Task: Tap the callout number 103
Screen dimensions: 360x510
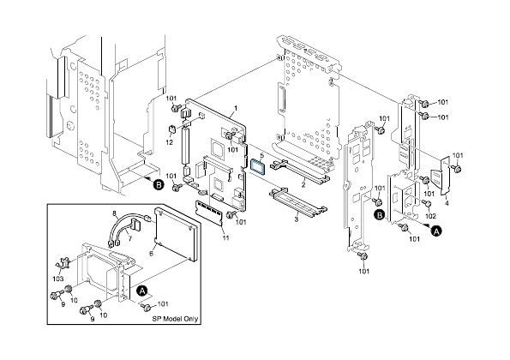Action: pyautogui.click(x=58, y=279)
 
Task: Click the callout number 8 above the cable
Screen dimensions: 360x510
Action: pyautogui.click(x=114, y=212)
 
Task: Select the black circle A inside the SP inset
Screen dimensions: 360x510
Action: pyautogui.click(x=141, y=291)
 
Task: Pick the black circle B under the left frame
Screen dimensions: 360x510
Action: pyautogui.click(x=157, y=183)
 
